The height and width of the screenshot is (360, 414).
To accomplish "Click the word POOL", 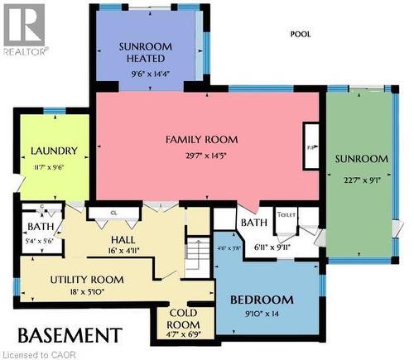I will click(300, 35).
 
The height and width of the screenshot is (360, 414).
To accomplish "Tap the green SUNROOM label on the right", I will click(361, 159).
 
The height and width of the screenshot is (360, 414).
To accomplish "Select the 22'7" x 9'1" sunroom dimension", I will click(361, 179).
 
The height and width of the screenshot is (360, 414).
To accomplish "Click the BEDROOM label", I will click(262, 300).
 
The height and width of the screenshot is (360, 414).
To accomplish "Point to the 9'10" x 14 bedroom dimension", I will click(262, 314).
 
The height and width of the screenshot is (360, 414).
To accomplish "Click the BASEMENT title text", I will click(70, 335).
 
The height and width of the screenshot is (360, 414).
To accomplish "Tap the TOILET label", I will click(286, 214).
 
